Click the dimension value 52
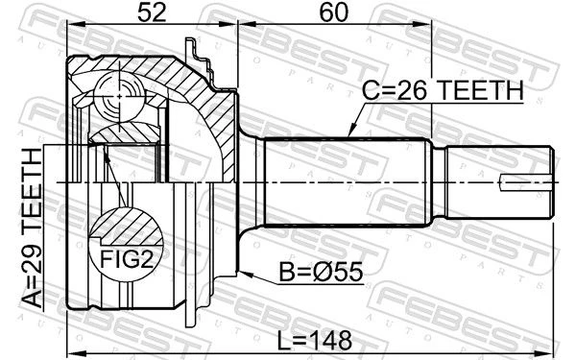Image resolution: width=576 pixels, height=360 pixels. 152,13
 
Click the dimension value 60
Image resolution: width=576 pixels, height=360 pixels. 333,13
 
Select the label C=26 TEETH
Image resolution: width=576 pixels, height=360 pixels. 443,90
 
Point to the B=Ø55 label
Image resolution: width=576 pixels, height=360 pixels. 321,273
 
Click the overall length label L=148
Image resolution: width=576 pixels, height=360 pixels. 314,340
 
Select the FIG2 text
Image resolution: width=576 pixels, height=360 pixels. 127,259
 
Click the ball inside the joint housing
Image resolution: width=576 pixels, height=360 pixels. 119,96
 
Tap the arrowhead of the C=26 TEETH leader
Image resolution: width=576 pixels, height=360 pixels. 351,132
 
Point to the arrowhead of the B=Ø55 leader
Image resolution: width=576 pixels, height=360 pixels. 244,274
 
